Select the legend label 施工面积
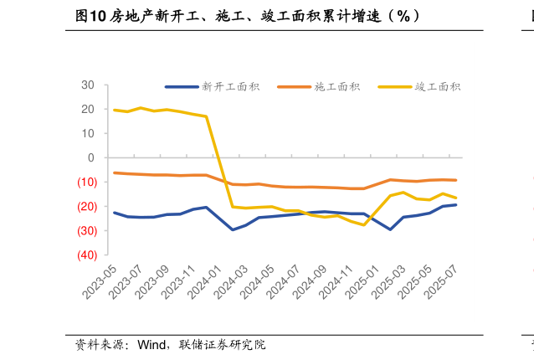tap(337, 86)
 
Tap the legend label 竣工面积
tap(438, 86)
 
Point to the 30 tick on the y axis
tap(88, 85)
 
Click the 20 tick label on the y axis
tap(88, 110)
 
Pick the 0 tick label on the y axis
tap(91, 158)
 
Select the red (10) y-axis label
tap(85, 183)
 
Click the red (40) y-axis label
tap(85, 255)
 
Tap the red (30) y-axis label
tap(85, 231)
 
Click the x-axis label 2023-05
tap(101, 282)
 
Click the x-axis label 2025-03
tap(389, 282)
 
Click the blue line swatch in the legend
tap(181, 86)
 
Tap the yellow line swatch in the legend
tap(393, 86)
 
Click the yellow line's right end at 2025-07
tap(455, 198)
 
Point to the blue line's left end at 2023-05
tap(115, 213)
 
